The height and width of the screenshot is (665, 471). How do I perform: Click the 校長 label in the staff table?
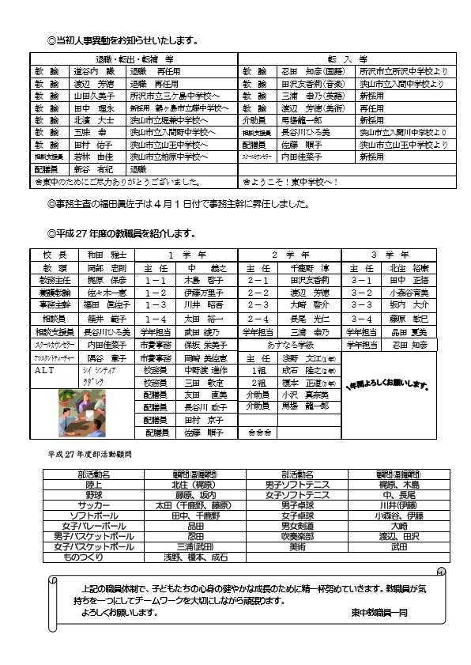[50, 255]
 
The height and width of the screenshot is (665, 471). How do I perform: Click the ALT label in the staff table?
[45, 368]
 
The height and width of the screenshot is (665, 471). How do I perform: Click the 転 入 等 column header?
[349, 59]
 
